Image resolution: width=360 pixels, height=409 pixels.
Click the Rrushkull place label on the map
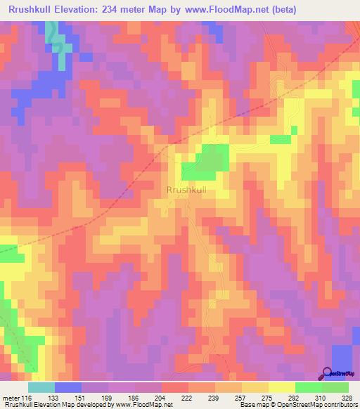coord(186,190)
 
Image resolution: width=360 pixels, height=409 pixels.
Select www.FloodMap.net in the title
coord(219,9)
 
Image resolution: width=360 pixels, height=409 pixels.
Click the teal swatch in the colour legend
coord(41,387)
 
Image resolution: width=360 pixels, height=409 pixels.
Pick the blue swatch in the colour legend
coord(68,387)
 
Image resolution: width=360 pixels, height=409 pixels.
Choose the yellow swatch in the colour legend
coord(282,387)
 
